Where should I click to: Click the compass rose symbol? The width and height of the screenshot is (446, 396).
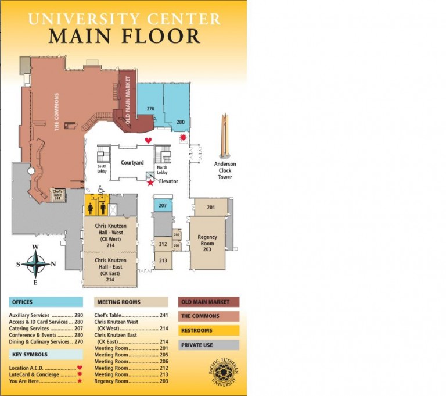click(35, 265)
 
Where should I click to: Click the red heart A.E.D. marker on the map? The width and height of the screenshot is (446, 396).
click(148, 140)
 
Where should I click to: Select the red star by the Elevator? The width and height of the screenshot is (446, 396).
click(150, 183)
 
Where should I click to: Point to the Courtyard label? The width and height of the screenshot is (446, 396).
click(132, 163)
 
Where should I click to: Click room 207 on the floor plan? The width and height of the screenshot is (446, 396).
click(163, 205)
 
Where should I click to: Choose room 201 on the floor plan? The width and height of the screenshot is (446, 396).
click(210, 207)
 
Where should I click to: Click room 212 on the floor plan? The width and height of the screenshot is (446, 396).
click(163, 244)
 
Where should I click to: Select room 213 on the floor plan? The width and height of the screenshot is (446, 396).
click(163, 260)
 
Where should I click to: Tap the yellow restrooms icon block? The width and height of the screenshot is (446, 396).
click(97, 205)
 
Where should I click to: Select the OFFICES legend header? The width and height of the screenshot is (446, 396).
click(46, 302)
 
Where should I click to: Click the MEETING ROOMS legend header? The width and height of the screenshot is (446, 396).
click(131, 302)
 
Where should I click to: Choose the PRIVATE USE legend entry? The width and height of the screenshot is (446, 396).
click(208, 345)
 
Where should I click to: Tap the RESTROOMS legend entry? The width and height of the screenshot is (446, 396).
click(208, 330)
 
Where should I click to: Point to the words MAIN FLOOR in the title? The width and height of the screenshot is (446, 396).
click(124, 36)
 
